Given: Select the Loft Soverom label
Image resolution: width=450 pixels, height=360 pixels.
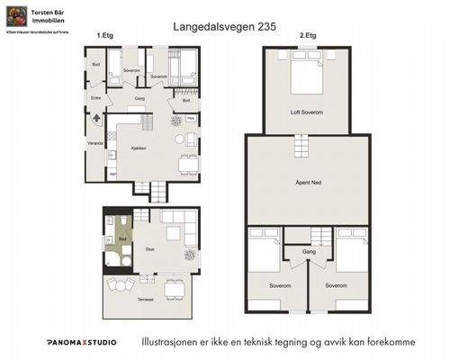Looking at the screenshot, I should (x=307, y=112).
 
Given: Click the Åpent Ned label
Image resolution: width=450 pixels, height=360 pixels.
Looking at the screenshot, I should (x=308, y=183).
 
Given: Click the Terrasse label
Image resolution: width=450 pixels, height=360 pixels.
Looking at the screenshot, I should (x=145, y=300).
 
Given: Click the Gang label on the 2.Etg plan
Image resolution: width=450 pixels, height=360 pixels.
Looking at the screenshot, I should (x=309, y=253).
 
